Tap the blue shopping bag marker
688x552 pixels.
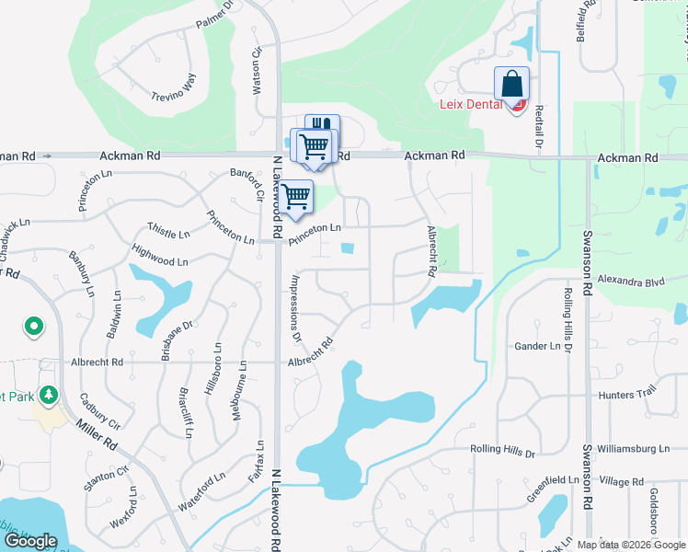(x=511, y=84)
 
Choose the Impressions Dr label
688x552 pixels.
(x=295, y=308)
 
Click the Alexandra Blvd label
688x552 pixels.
(x=630, y=280)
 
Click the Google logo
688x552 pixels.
(x=30, y=541)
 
